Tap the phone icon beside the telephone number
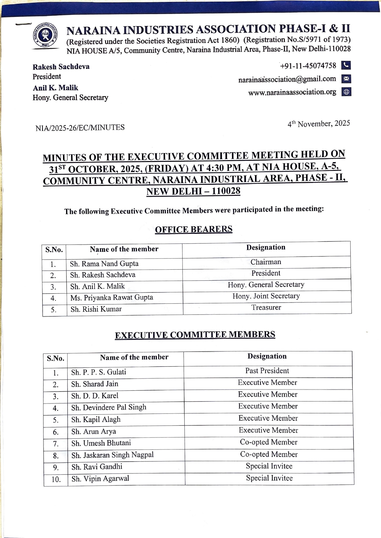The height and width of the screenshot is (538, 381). pyautogui.click(x=346, y=65)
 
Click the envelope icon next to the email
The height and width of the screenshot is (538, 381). pyautogui.click(x=346, y=79)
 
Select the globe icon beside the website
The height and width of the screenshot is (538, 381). pyautogui.click(x=346, y=92)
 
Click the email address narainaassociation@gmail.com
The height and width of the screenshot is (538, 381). pyautogui.click(x=287, y=79)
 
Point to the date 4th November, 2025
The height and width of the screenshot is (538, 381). pyautogui.click(x=319, y=124)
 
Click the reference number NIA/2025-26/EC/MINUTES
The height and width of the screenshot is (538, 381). pyautogui.click(x=80, y=128)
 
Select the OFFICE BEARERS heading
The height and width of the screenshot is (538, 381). pyautogui.click(x=194, y=229)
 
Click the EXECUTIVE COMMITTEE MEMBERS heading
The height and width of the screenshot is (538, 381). pyautogui.click(x=195, y=334)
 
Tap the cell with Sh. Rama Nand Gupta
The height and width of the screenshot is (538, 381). pyautogui.click(x=104, y=264)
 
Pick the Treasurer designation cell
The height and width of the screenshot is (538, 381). pyautogui.click(x=266, y=307)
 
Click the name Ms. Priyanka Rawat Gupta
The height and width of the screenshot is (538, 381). pyautogui.click(x=112, y=298)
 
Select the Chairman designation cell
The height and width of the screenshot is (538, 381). pyautogui.click(x=266, y=262)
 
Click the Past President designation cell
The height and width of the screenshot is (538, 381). pyautogui.click(x=267, y=371)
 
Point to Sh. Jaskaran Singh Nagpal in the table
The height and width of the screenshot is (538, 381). pyautogui.click(x=112, y=455)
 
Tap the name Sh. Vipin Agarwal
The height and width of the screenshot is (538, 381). pyautogui.click(x=100, y=479)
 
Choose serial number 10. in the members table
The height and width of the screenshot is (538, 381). pyautogui.click(x=56, y=479)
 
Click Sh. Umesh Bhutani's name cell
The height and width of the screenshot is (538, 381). pyautogui.click(x=101, y=443)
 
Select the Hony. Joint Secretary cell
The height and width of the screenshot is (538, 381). pyautogui.click(x=266, y=296)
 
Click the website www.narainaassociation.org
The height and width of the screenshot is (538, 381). pyautogui.click(x=292, y=92)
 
